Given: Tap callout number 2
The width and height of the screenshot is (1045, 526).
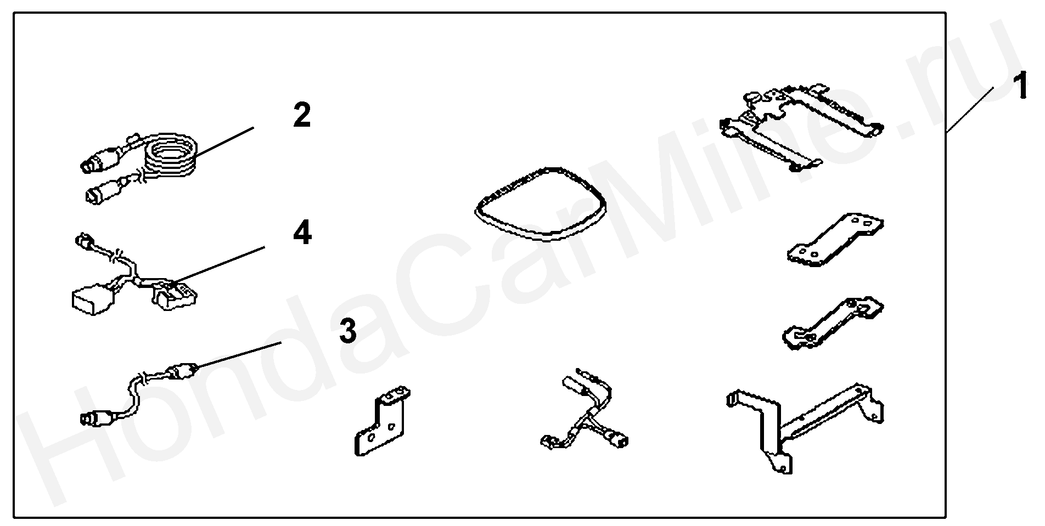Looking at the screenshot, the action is [x=302, y=116].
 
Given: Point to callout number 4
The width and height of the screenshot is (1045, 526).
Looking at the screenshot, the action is [x=302, y=233].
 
